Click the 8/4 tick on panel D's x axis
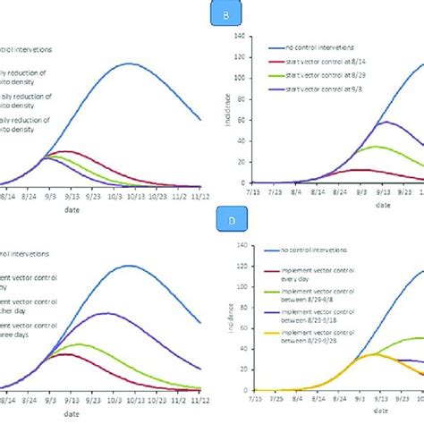click(x=319, y=400)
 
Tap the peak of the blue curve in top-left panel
click(x=131, y=64)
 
